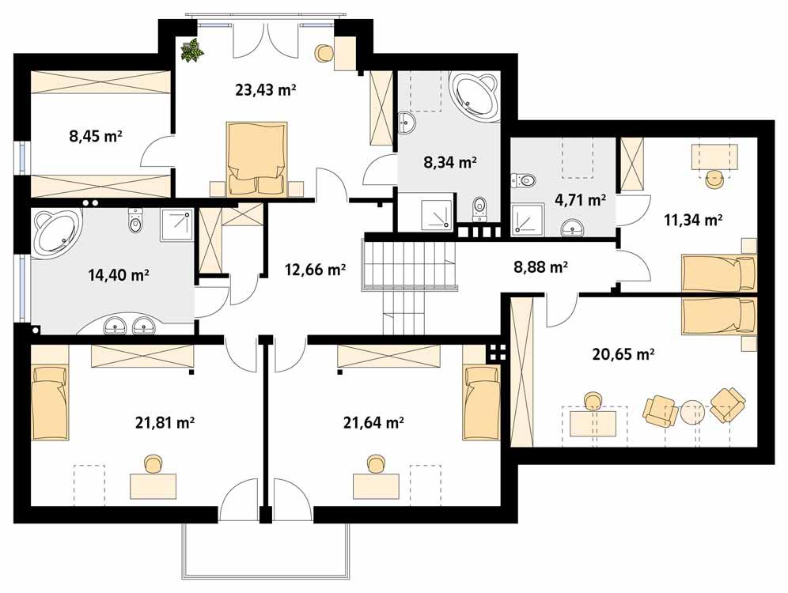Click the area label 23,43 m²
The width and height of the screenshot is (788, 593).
click(x=265, y=89)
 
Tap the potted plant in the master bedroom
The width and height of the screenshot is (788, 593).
click(x=191, y=51)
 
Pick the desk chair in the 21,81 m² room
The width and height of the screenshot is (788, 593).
click(x=153, y=463)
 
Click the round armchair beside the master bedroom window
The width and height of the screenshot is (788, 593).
click(x=324, y=54)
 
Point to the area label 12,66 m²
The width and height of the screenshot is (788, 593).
click(x=315, y=270)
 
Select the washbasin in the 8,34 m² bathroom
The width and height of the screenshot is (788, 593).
click(x=407, y=123)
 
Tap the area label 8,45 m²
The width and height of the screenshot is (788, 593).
click(x=96, y=136)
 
